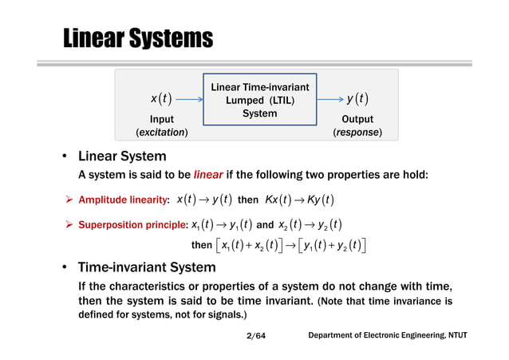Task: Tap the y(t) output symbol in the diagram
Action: coord(357,99)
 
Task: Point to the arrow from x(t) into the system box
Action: coord(188,100)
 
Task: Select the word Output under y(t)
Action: coord(357,118)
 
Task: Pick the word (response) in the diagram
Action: coord(357,131)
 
